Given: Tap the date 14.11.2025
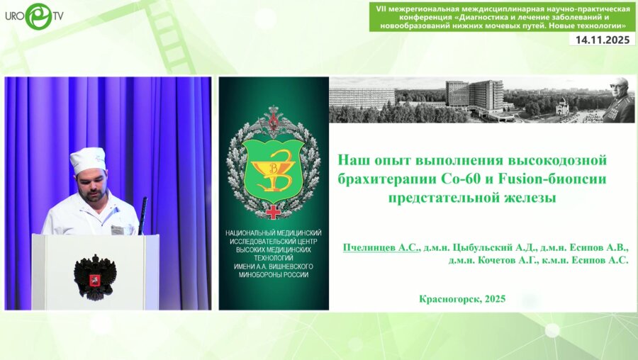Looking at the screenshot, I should (x=602, y=40).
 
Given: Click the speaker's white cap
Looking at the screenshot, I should (x=88, y=160).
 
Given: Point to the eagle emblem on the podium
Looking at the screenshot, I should (x=94, y=275).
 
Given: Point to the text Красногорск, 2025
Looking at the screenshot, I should (x=462, y=298).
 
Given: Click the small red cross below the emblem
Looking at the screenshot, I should (x=273, y=212).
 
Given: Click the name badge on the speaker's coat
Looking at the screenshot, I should (x=118, y=230).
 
